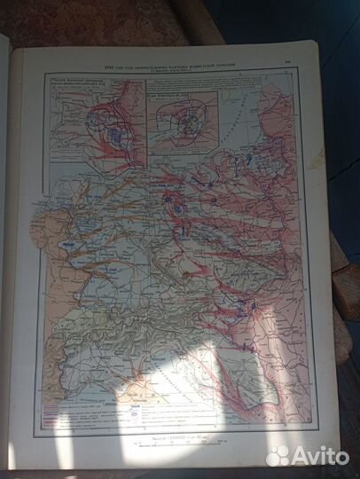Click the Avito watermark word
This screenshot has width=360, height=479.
pos(321,455)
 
